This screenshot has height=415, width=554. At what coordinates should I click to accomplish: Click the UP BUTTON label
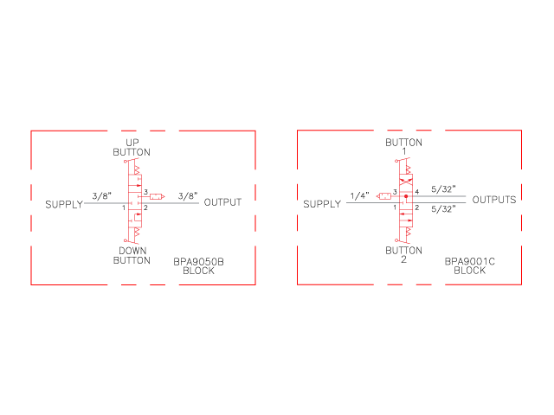point(132,148)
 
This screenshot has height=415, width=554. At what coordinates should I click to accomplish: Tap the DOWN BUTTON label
point(132,256)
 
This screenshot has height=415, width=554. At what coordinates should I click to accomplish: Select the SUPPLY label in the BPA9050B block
point(64,205)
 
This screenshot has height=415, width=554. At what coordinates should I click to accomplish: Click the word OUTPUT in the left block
point(222,202)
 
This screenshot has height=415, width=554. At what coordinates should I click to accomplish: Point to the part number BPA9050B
point(198,262)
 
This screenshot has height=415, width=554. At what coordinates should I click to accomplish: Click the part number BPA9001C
point(469,261)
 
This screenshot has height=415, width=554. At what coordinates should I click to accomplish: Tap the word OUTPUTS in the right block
point(494,200)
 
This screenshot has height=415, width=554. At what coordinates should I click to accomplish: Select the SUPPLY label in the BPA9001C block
point(322,204)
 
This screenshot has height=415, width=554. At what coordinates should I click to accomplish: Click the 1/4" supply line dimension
point(360,196)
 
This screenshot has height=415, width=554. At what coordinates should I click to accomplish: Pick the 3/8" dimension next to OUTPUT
point(188,196)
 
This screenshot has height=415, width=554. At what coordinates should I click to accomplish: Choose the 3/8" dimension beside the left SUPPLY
point(102,196)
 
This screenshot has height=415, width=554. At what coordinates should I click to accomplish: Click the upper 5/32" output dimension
point(443,189)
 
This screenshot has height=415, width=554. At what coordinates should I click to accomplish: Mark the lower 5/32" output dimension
point(443,209)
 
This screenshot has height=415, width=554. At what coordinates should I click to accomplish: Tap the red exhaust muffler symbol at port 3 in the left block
point(157,196)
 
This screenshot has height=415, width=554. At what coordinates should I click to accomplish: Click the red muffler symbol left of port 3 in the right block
point(384,196)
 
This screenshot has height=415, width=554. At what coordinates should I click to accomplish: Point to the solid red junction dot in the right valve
point(406,196)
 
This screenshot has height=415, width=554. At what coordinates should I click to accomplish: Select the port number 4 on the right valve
point(417,192)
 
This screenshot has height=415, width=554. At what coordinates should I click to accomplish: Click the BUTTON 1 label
point(403,147)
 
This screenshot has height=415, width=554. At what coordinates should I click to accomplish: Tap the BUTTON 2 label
point(403,255)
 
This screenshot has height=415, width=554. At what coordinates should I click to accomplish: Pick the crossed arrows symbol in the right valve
point(406,182)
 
